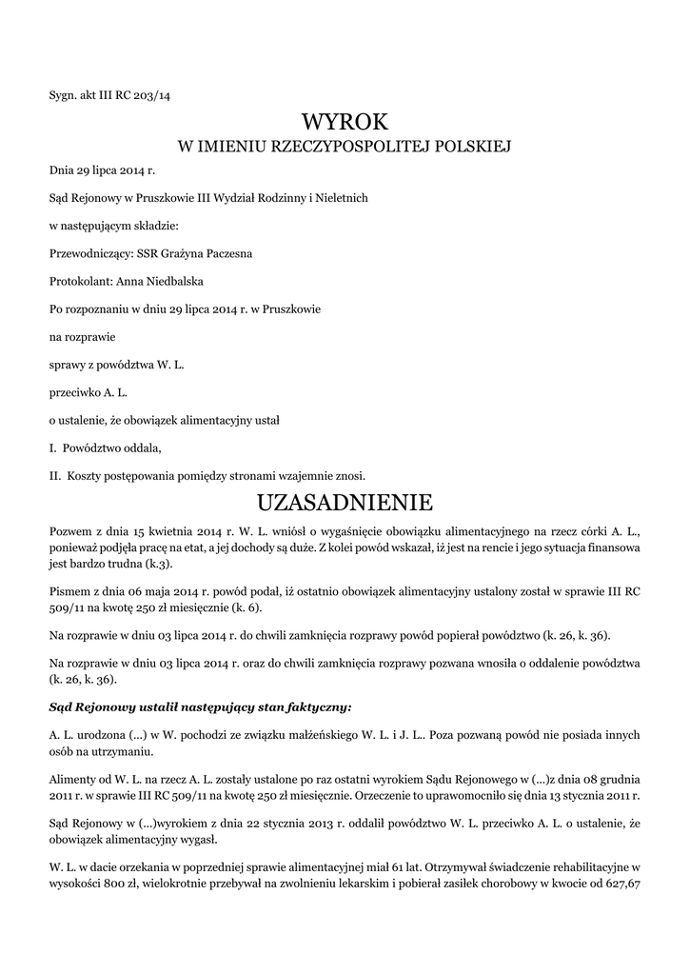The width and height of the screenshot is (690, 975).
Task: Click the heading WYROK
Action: [x=345, y=122]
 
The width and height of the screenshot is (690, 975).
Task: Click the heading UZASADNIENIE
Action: [x=345, y=502]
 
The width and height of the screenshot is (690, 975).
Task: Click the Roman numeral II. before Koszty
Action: [x=55, y=475]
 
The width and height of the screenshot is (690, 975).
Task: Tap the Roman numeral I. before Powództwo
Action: [x=53, y=448]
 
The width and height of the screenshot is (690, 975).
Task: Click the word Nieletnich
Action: [x=336, y=199]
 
